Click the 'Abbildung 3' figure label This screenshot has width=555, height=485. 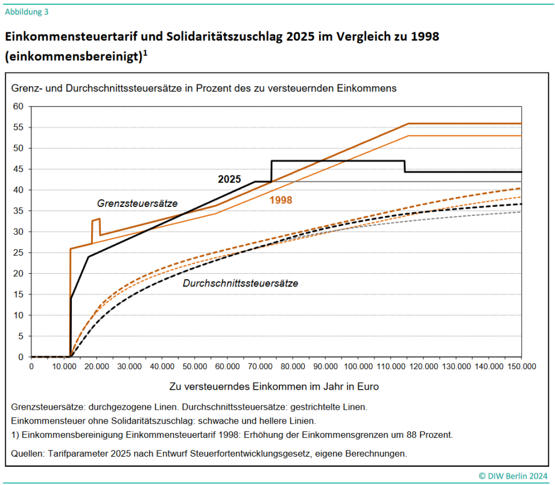[27, 11]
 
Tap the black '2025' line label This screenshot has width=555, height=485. [229, 179]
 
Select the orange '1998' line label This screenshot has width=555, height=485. [281, 200]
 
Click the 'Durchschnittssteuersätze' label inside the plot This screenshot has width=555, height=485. [240, 282]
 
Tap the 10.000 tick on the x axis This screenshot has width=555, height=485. [64, 366]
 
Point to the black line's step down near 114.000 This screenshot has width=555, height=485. [404, 166]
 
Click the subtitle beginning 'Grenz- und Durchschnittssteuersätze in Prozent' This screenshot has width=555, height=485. [204, 88]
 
